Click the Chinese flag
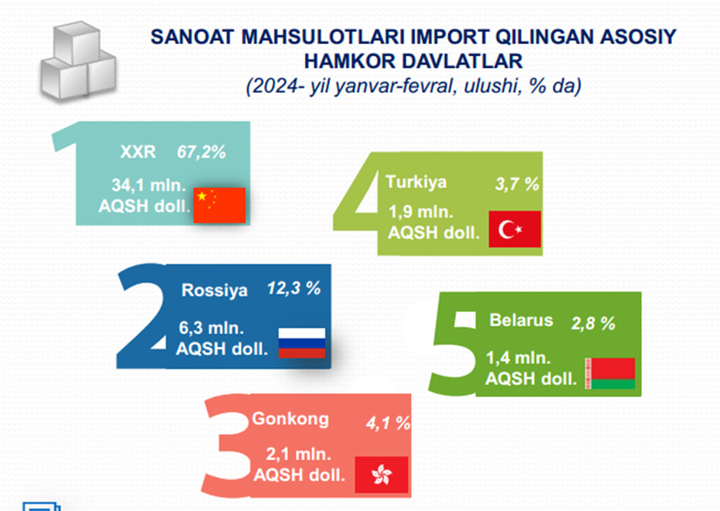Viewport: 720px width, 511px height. pos(220,205)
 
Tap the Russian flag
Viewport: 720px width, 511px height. pos(302,343)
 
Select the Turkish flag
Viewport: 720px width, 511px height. pos(515,229)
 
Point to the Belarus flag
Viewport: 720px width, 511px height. pos(610,374)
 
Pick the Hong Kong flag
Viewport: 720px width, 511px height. pos(382,475)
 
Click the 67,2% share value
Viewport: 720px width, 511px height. pos(201,152)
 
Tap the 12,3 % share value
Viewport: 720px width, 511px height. pos(294,288)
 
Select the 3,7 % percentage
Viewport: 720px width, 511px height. pos(517,184)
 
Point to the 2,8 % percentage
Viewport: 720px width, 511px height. pos(593,323)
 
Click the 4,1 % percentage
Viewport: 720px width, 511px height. pos(388,423)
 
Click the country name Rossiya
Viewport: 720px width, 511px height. pos(214,290)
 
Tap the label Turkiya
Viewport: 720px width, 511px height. pos(416,182)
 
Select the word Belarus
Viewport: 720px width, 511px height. pos(521,320)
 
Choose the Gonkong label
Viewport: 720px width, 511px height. pos(290,419)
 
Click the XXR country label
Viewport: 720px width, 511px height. pos(138,152)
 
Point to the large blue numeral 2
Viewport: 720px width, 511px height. pos(142,317)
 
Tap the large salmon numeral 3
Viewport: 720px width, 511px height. pos(226,445)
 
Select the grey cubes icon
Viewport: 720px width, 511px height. pos(78,60)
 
